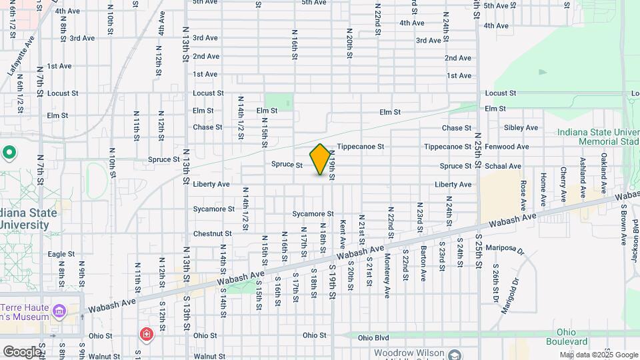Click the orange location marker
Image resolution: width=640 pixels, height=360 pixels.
point(321,159)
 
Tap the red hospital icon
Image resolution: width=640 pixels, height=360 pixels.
point(145,333)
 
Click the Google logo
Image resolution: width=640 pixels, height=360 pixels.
point(22,351)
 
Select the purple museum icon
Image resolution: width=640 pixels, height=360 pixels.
point(60,311)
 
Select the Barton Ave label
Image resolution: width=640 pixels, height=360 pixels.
point(423,265)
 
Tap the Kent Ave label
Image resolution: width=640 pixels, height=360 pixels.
point(343,235)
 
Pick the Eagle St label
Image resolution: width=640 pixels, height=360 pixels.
point(61,254)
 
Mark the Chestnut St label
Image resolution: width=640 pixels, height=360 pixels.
point(212,234)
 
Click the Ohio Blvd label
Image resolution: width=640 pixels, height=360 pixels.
point(373,338)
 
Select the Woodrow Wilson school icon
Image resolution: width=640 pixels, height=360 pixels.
point(455,355)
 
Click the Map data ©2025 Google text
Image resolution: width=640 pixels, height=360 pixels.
point(599,355)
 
